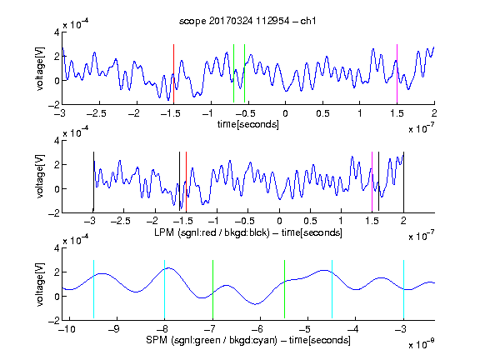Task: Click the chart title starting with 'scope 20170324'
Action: click(247, 21)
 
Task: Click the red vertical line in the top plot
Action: click(173, 73)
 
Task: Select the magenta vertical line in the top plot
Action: click(397, 73)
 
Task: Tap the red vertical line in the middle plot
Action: click(186, 182)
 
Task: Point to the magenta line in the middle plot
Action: click(372, 182)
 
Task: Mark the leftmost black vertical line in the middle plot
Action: click(93, 182)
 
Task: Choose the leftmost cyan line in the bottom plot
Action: click(93, 289)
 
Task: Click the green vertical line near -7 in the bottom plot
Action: click(212, 289)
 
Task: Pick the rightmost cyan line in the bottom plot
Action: click(404, 289)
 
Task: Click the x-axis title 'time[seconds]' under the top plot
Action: click(248, 124)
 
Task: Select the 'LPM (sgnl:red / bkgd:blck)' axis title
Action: click(212, 232)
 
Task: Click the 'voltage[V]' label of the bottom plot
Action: click(40, 284)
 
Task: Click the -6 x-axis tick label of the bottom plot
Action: click(257, 329)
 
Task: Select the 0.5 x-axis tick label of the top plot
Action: click(322, 113)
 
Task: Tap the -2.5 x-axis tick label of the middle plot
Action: click(120, 221)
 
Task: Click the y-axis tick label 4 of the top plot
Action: click(57, 32)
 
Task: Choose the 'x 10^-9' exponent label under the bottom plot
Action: click(422, 343)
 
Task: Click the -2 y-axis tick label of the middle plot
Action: click(54, 213)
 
